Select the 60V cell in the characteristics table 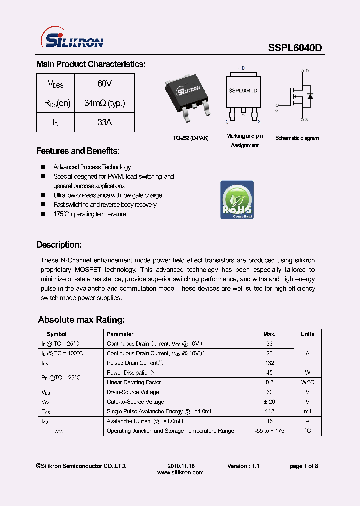pos(104,84)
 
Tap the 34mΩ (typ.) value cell pos(104,103)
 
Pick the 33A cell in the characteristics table pos(104,122)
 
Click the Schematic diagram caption pos(297,138)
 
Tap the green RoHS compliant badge pos(237,200)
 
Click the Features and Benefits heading pos(78,151)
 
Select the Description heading pos(58,245)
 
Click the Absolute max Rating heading pos(81,320)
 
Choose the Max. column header pos(269,334)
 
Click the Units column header pos(307,334)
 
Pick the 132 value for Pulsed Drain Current pos(269,363)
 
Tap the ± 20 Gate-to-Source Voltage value pos(269,402)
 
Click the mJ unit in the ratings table pos(307,411)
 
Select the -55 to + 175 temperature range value pos(269,431)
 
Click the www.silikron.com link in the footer pos(180,472)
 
